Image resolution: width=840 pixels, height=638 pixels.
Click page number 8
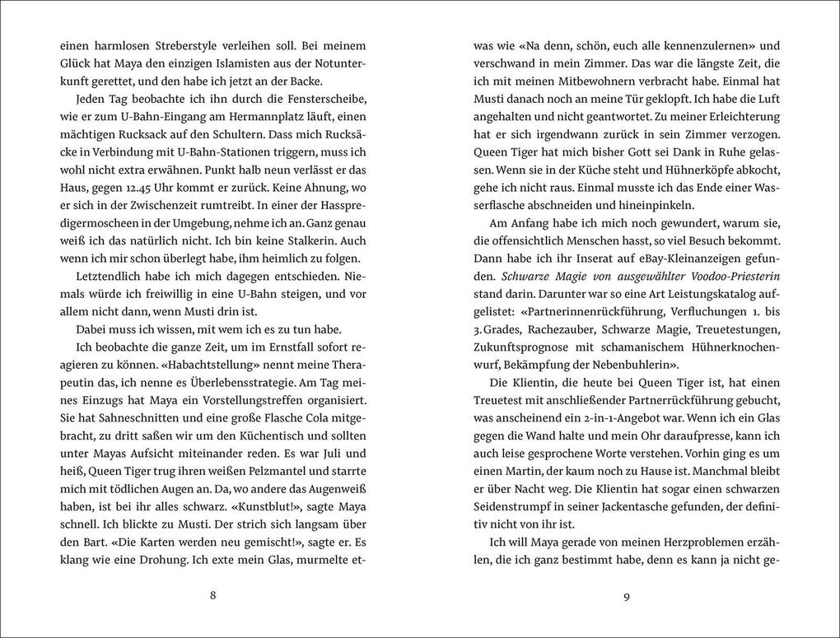pos(213,597)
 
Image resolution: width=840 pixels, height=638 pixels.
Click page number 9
pos(626,597)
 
